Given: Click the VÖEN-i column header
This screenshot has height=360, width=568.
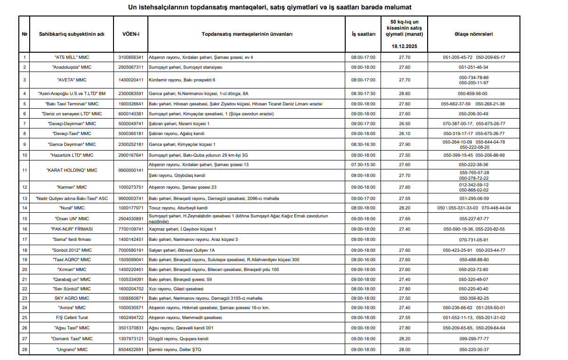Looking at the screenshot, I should point(130,34).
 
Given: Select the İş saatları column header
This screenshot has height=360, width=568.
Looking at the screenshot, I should point(363,34).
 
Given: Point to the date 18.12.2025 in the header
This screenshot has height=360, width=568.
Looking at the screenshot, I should point(404,47).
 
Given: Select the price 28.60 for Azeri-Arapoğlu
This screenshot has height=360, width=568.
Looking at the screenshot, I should point(404,94).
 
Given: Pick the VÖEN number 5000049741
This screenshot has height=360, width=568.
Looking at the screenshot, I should point(130,124).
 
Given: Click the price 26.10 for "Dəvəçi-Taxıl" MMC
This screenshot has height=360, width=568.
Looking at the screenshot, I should point(404,134).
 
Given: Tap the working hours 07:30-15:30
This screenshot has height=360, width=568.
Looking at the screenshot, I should point(363,165).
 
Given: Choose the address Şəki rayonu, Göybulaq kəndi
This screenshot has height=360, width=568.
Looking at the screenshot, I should point(177,176).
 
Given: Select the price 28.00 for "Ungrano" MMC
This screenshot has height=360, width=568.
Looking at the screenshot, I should point(404,350).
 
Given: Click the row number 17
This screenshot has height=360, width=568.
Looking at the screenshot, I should point(24,240).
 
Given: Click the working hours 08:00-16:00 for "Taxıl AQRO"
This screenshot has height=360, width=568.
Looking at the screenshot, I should point(363,260).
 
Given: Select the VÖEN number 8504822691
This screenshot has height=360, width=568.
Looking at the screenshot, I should point(130,350).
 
